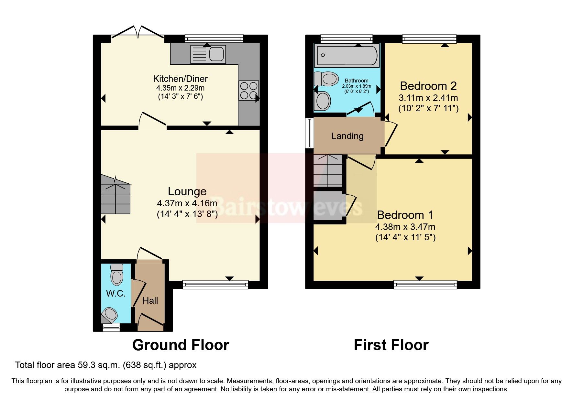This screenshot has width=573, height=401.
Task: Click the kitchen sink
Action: click(x=208, y=54)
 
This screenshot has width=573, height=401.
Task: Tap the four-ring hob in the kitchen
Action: click(x=248, y=91)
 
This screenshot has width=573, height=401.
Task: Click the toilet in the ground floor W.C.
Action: click(x=116, y=275)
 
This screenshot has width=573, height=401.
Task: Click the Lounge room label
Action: click(x=187, y=191)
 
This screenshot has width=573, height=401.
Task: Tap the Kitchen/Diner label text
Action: click(x=180, y=79)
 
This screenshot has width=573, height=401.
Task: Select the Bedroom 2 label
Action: click(x=428, y=86)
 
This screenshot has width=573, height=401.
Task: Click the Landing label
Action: click(x=347, y=136)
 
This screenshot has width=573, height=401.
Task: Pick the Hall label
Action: click(x=150, y=301)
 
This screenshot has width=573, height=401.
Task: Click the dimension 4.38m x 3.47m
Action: click(x=405, y=227)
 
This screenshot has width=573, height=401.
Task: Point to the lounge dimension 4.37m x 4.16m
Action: click(x=187, y=203)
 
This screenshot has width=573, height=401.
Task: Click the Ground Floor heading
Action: click(x=181, y=345)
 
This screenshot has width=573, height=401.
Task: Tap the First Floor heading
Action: click(x=391, y=345)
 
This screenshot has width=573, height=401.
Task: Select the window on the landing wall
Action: click(x=310, y=133)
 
